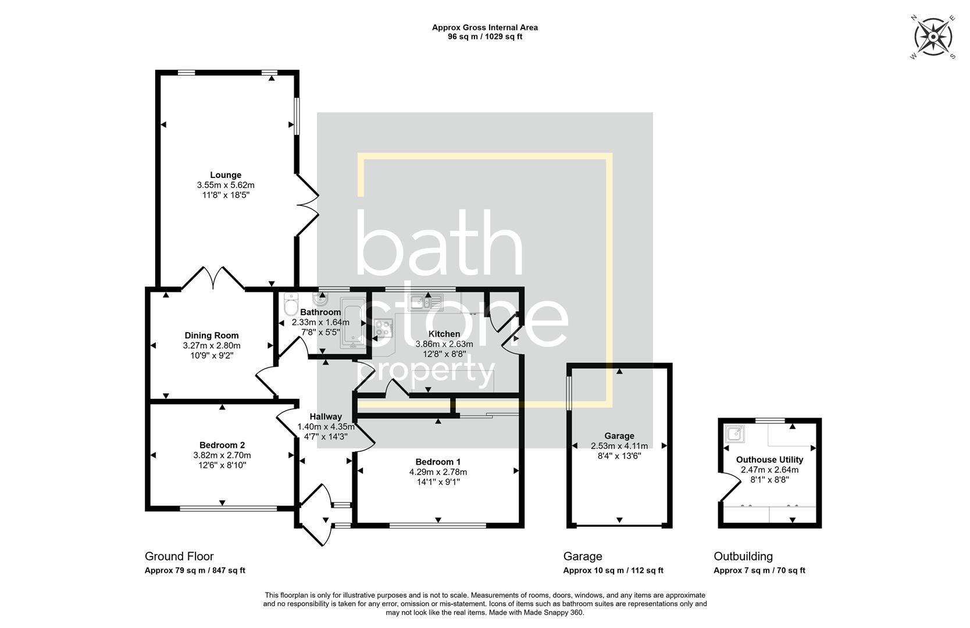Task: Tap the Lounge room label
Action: (x=226, y=175)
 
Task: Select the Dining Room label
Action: (x=212, y=336)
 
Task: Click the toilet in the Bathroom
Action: (x=290, y=305)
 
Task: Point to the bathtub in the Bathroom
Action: (x=351, y=323)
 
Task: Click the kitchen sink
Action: (x=425, y=302)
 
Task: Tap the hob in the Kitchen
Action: (x=383, y=329)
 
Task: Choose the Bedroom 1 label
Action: (x=438, y=462)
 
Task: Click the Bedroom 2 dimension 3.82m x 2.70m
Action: (x=222, y=455)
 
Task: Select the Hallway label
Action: (x=326, y=416)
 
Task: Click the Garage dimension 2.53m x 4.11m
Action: (x=619, y=446)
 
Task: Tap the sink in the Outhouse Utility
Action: (x=735, y=434)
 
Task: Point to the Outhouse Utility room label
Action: (x=769, y=459)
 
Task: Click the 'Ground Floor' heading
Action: (x=179, y=556)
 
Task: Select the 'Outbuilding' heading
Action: (x=743, y=556)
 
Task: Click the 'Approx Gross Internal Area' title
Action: (x=484, y=27)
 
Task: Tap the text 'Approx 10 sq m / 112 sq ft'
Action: (x=613, y=570)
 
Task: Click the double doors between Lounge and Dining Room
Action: (x=213, y=279)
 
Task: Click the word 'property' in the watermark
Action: (x=431, y=372)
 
